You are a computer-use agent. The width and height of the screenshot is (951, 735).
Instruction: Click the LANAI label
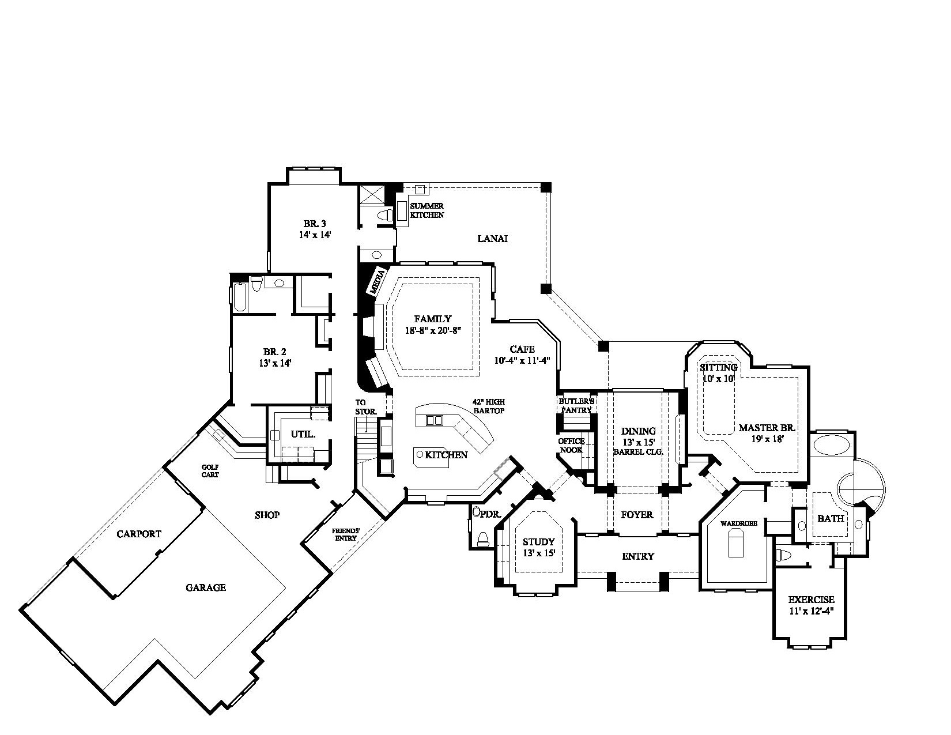click(x=492, y=239)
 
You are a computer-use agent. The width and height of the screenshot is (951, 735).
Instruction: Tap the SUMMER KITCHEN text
click(x=427, y=210)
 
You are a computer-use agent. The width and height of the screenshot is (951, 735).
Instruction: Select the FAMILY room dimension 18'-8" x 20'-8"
click(x=432, y=331)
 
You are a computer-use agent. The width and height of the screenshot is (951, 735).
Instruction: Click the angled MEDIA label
click(x=379, y=281)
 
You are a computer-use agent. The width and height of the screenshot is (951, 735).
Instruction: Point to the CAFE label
click(x=522, y=349)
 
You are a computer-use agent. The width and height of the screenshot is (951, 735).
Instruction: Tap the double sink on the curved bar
click(x=434, y=420)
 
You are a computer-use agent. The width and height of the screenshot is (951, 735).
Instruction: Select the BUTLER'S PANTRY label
click(x=576, y=405)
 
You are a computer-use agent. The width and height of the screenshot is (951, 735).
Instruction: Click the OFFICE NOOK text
click(x=571, y=446)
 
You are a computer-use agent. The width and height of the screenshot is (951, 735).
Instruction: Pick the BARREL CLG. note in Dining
click(x=638, y=453)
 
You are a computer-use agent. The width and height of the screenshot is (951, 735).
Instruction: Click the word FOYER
click(x=637, y=514)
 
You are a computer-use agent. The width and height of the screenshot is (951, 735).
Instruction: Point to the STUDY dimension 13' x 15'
click(x=538, y=553)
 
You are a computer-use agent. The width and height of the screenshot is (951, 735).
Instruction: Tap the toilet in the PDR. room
click(x=483, y=538)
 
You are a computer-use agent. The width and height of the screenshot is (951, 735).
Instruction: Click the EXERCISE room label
click(x=811, y=600)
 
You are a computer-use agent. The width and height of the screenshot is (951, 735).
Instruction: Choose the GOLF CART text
click(x=209, y=471)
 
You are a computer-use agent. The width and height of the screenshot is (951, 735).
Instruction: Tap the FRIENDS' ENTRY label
click(x=346, y=534)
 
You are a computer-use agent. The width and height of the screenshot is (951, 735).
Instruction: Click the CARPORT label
click(x=139, y=534)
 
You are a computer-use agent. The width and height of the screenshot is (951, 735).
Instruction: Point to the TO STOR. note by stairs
click(x=365, y=407)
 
